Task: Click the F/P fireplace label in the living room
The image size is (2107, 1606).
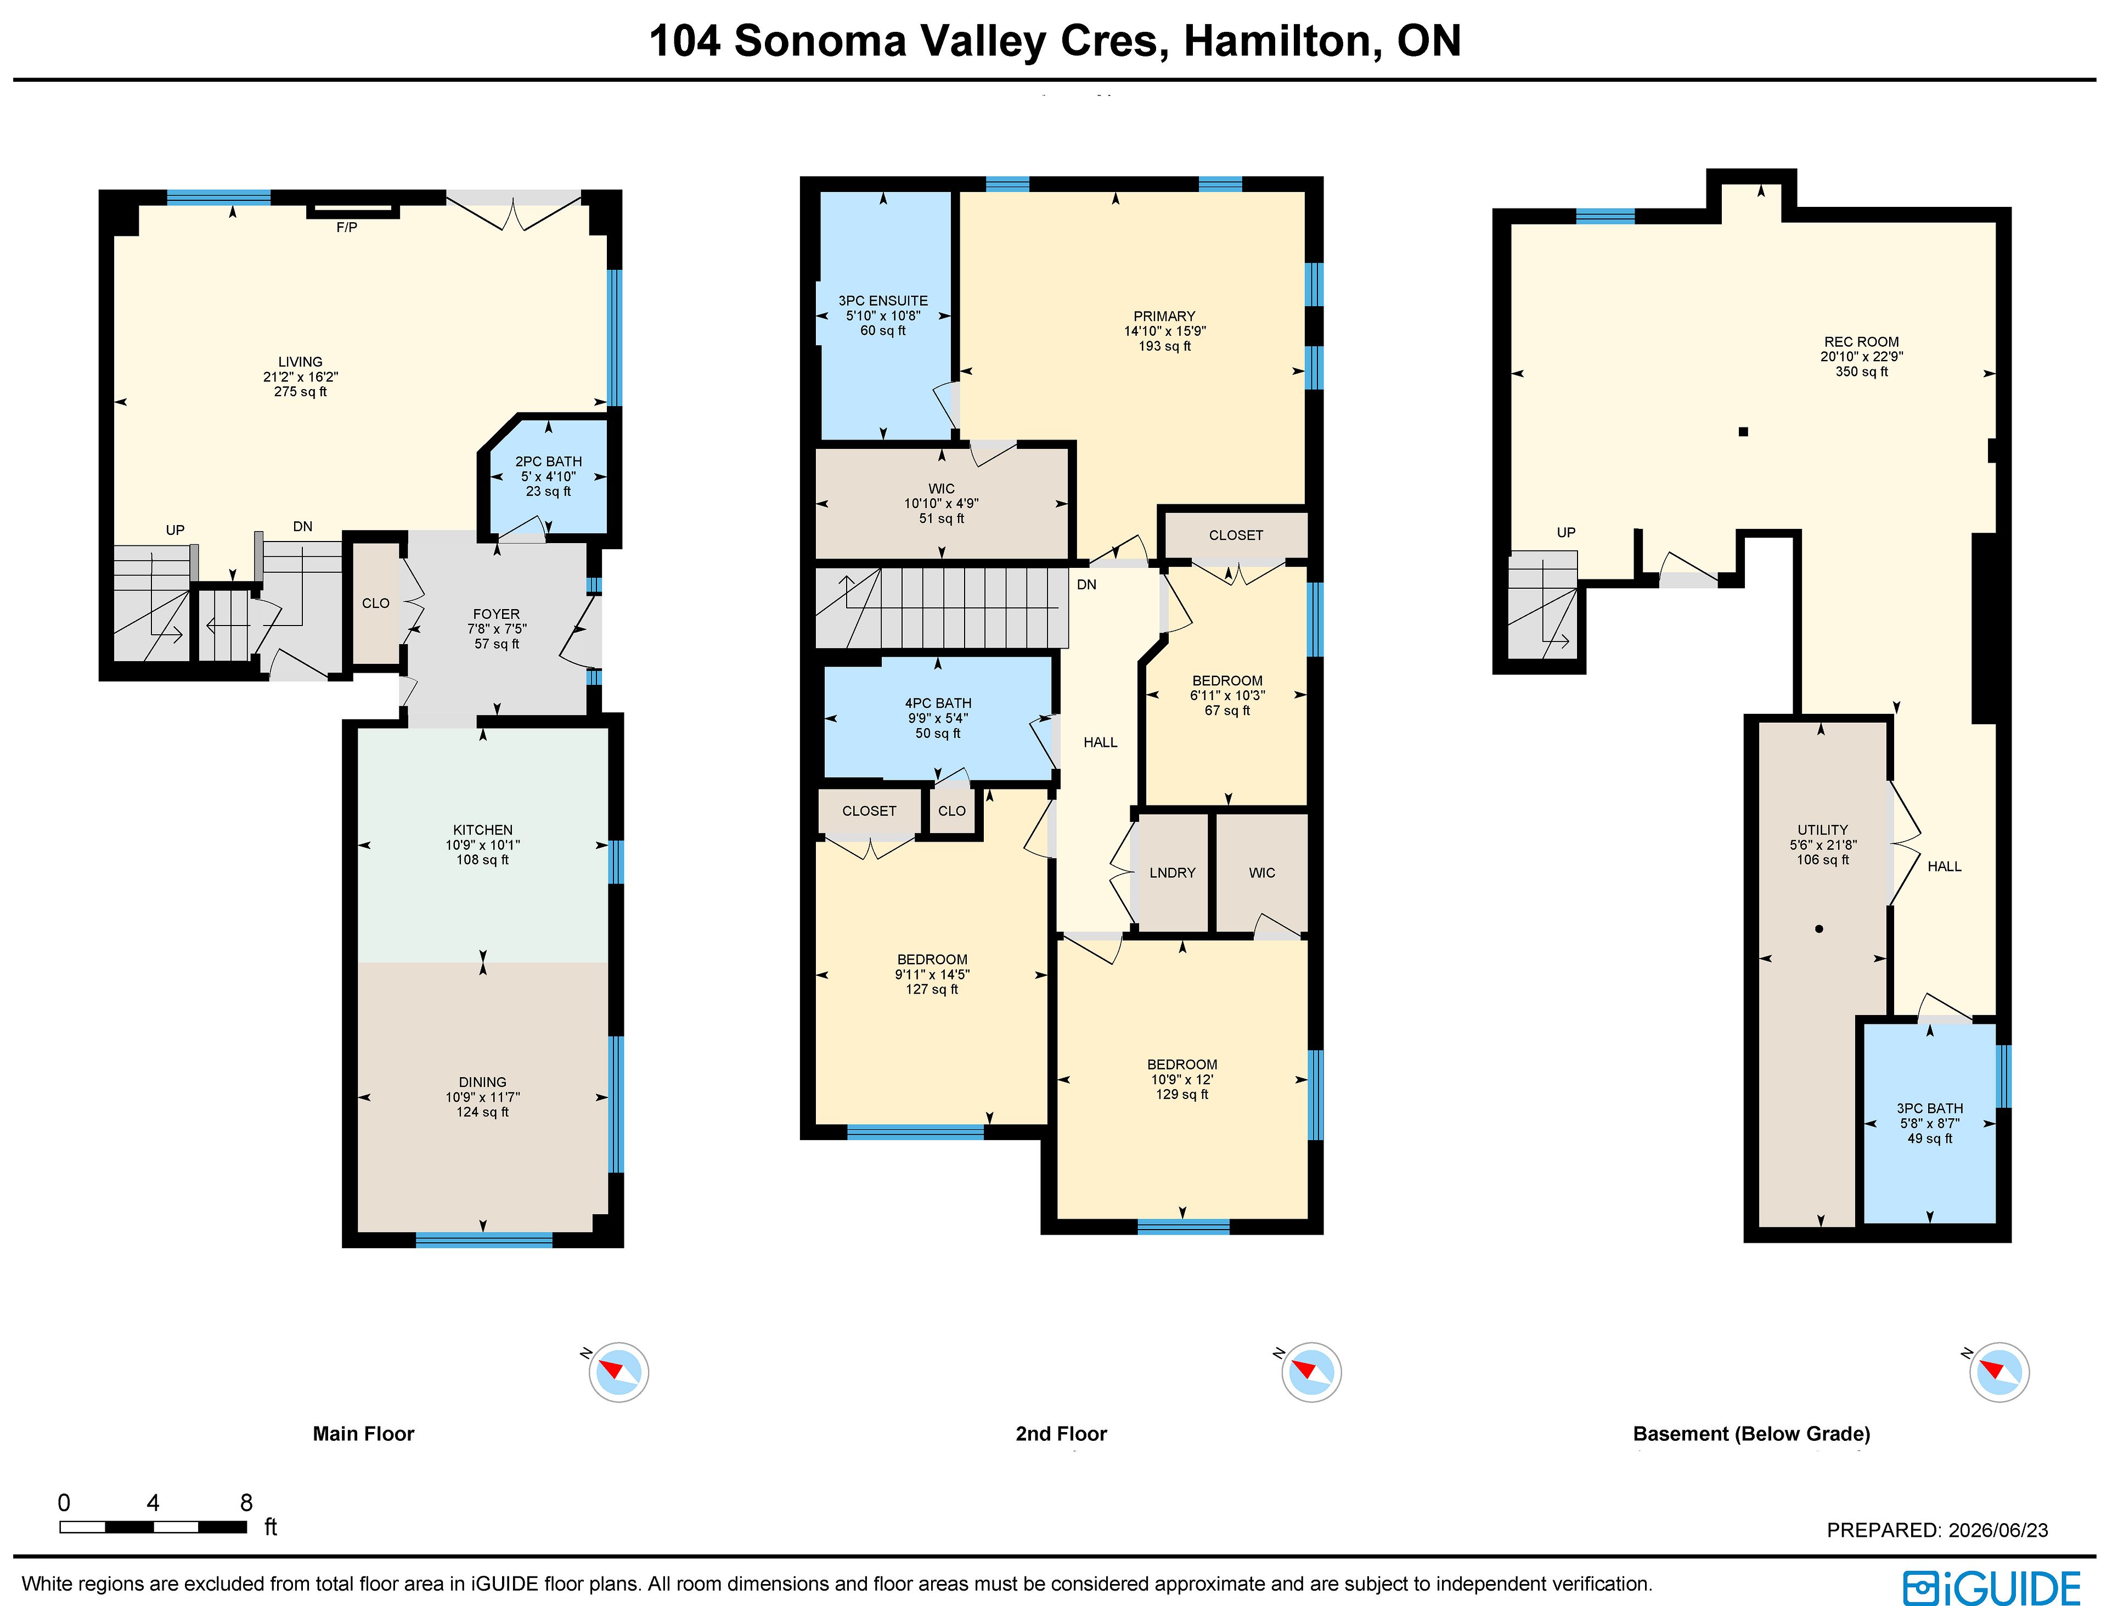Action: tap(346, 228)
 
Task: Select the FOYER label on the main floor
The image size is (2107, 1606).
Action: tap(496, 615)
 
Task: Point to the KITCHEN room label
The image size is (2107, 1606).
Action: tap(483, 830)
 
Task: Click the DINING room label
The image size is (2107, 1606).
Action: tap(483, 1082)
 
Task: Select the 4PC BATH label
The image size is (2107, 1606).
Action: tap(938, 703)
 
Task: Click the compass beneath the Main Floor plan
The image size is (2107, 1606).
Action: tap(618, 1372)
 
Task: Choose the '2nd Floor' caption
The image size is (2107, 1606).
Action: tap(1061, 1434)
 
